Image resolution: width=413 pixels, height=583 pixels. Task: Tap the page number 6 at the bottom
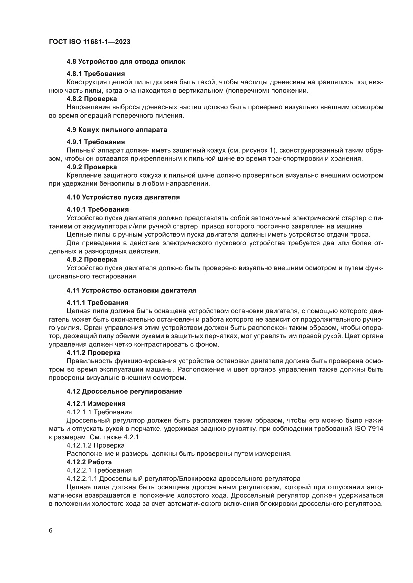pos(51,530)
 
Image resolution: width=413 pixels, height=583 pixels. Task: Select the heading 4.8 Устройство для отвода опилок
pos(126,62)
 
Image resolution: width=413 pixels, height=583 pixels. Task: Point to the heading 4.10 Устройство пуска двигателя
pos(123,197)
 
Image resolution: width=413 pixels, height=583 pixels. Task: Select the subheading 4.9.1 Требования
pos(95,142)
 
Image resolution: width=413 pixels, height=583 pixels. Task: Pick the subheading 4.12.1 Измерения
pos(96,403)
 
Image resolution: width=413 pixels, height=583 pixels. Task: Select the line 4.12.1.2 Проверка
pos(96,445)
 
